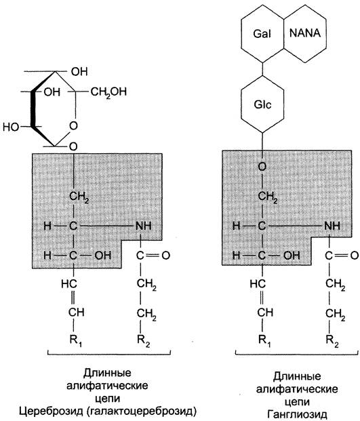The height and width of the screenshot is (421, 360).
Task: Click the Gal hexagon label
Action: click(262, 34)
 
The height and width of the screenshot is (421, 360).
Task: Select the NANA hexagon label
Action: click(305, 33)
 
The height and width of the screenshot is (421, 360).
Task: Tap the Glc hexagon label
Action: click(262, 104)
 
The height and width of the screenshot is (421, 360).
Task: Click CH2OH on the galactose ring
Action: click(108, 92)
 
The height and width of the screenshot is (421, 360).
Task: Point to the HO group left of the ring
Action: click(11, 127)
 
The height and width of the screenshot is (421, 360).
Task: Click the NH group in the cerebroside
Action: click(144, 226)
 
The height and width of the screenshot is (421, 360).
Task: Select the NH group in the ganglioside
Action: click(332, 226)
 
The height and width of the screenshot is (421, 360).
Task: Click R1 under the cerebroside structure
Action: click(75, 341)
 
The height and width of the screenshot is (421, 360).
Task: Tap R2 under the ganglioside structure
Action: click(332, 341)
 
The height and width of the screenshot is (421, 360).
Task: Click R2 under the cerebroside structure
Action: click(143, 341)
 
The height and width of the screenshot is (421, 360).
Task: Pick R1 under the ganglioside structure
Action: click(264, 341)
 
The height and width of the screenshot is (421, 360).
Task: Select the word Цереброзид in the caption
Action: click(51, 411)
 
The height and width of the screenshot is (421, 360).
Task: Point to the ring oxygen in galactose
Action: click(73, 125)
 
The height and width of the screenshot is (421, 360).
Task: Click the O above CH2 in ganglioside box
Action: click(262, 167)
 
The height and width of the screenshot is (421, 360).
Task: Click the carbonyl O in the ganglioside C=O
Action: click(355, 256)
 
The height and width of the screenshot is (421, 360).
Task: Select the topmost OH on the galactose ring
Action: click(79, 72)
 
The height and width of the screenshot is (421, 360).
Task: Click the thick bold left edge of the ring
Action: click(33, 109)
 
